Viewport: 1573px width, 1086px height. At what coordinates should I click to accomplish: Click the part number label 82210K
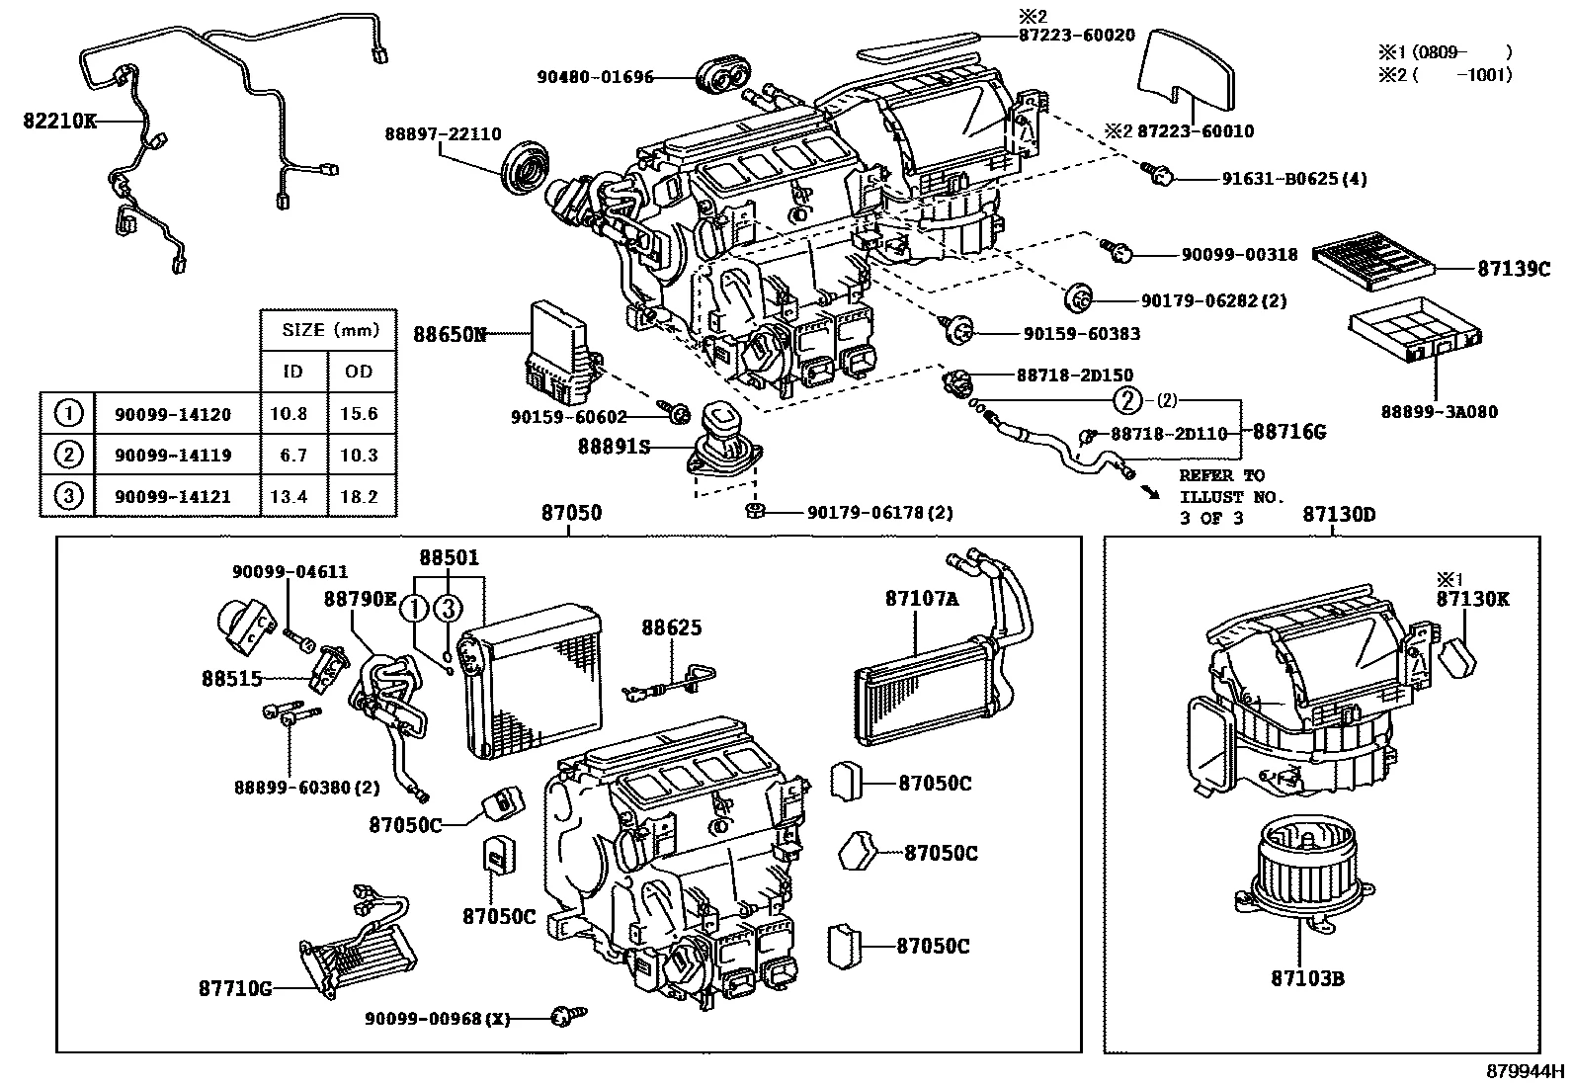click(x=59, y=122)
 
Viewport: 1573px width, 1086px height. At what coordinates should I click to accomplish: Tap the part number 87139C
click(x=1514, y=268)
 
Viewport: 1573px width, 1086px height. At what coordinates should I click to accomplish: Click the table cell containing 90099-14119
click(x=173, y=456)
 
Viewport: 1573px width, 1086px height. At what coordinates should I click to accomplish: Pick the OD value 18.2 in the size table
click(x=359, y=497)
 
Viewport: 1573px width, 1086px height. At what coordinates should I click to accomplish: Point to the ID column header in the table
click(x=292, y=372)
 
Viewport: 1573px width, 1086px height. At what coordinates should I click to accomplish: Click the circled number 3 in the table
click(x=66, y=496)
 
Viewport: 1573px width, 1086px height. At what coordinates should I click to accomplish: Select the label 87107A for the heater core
click(x=922, y=599)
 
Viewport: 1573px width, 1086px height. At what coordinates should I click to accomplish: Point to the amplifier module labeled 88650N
click(x=558, y=346)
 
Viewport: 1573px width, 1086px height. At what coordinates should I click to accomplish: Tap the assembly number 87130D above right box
click(x=1338, y=514)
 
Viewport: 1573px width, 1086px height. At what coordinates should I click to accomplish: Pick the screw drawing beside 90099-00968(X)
click(x=567, y=1015)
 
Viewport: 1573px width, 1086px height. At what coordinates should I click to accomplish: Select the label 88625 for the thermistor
click(x=671, y=627)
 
